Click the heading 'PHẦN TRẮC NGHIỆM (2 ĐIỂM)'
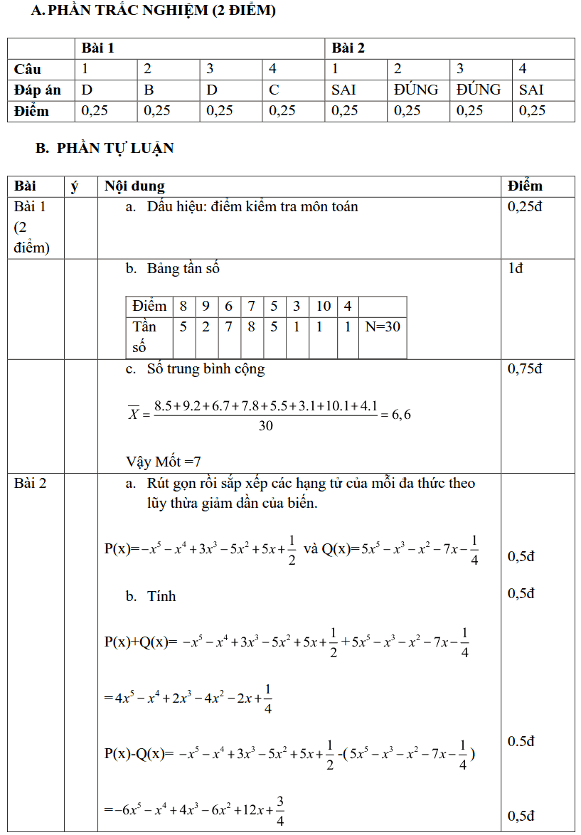(x=161, y=11)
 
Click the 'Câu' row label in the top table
(x=28, y=69)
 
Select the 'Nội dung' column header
(x=134, y=186)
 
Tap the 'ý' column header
(x=75, y=186)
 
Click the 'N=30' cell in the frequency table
(x=383, y=326)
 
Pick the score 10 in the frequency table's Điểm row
(x=323, y=307)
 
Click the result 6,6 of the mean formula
(x=401, y=414)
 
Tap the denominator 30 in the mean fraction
(x=265, y=425)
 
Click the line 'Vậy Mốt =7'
(x=164, y=462)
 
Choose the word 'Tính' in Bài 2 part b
(x=161, y=596)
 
